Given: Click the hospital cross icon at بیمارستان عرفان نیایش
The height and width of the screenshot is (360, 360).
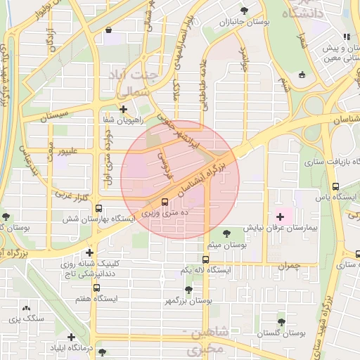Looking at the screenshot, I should coord(281,216).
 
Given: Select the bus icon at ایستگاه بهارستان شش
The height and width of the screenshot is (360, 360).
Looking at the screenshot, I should coord(98,208).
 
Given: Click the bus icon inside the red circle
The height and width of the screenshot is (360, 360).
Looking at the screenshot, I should coord(165,202).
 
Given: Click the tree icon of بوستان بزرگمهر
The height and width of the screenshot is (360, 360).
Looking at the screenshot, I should coord(188,289).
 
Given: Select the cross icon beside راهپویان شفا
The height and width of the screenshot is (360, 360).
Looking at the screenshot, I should coord(124,109).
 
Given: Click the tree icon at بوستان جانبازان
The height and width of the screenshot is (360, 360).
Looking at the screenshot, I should coord(244,11).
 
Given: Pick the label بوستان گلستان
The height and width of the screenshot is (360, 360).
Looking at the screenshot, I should coord(281,333).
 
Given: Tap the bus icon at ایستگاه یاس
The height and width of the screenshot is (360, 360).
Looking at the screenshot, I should coord(335,187).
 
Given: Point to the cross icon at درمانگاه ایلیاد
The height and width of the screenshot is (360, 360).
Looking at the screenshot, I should coord(70,337).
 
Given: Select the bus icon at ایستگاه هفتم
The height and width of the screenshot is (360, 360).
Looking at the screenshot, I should coord(96,287).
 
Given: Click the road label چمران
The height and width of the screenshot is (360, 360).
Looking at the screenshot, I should coord(288,266).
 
